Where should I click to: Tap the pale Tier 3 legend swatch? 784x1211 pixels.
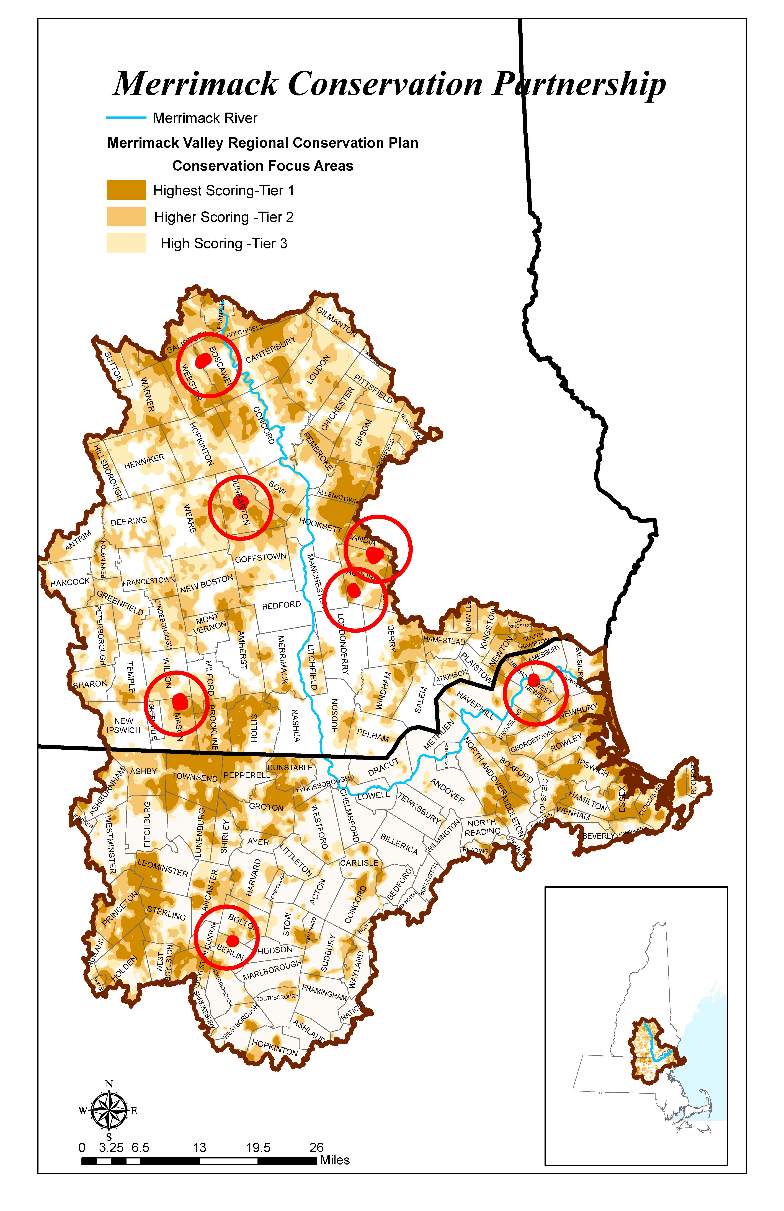126,243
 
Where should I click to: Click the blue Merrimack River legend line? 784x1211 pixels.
126,118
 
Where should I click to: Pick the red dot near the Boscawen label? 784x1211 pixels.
203,360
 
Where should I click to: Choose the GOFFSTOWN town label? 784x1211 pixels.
261,558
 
